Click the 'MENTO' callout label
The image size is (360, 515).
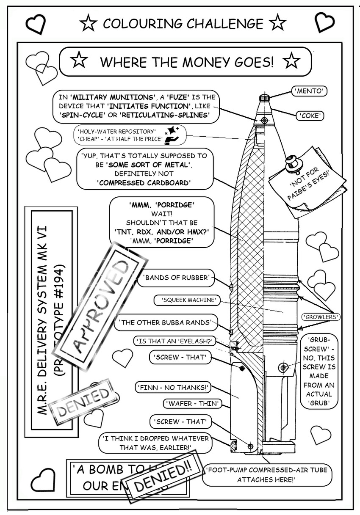pos(310,91)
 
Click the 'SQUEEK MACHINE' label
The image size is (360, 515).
pos(188,300)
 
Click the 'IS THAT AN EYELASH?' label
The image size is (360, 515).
pos(174,341)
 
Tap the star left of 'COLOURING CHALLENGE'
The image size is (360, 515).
pos(88,23)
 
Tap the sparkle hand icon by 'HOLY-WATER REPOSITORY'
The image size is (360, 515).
pos(172,133)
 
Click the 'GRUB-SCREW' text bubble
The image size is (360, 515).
pos(318,371)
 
